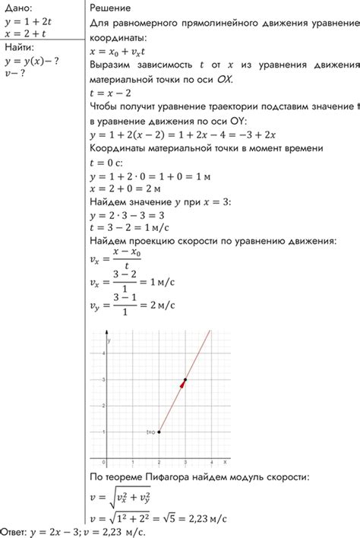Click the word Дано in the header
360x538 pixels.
coord(17,8)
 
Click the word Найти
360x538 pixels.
coord(20,47)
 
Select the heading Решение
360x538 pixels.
coord(110,8)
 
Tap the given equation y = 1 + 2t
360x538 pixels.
coord(28,21)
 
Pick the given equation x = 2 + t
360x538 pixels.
coord(24,33)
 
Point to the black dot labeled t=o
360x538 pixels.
coord(159,432)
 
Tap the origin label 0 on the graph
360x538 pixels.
coord(104,462)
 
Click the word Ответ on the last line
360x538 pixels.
coord(16,531)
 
